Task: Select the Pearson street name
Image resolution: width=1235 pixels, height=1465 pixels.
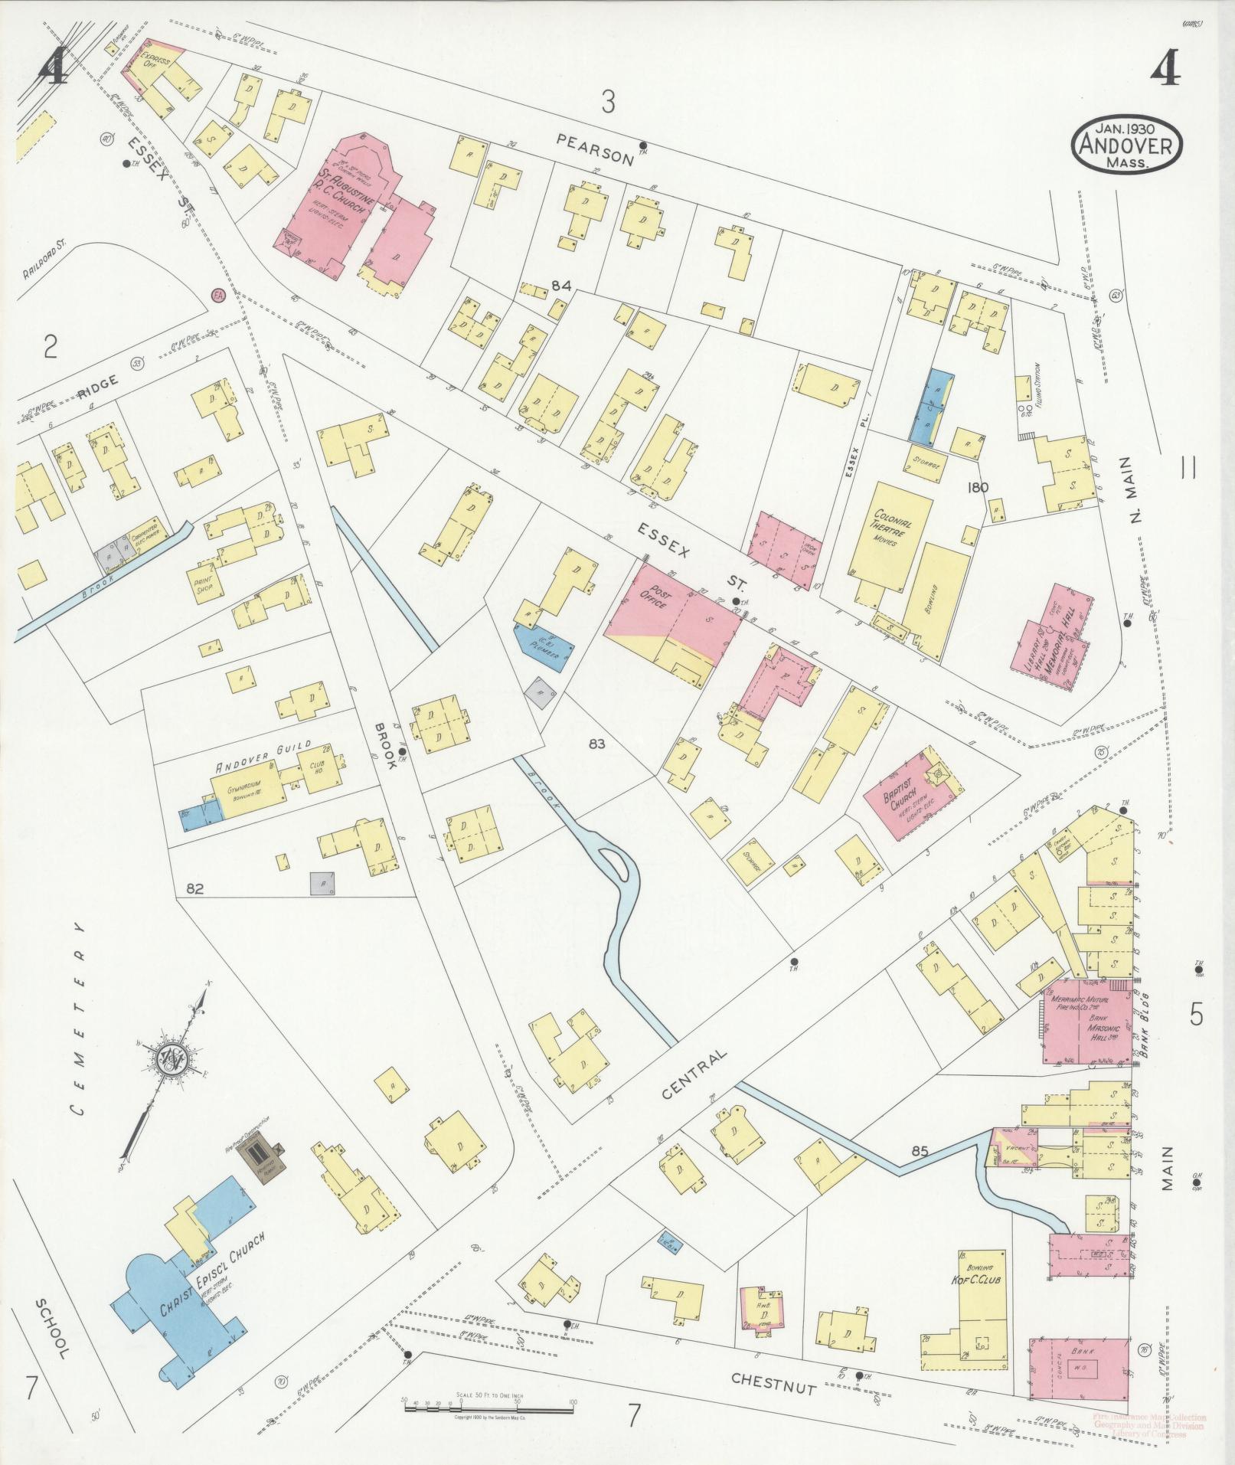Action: click(x=595, y=148)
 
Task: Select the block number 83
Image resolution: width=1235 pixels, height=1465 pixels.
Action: click(x=598, y=743)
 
